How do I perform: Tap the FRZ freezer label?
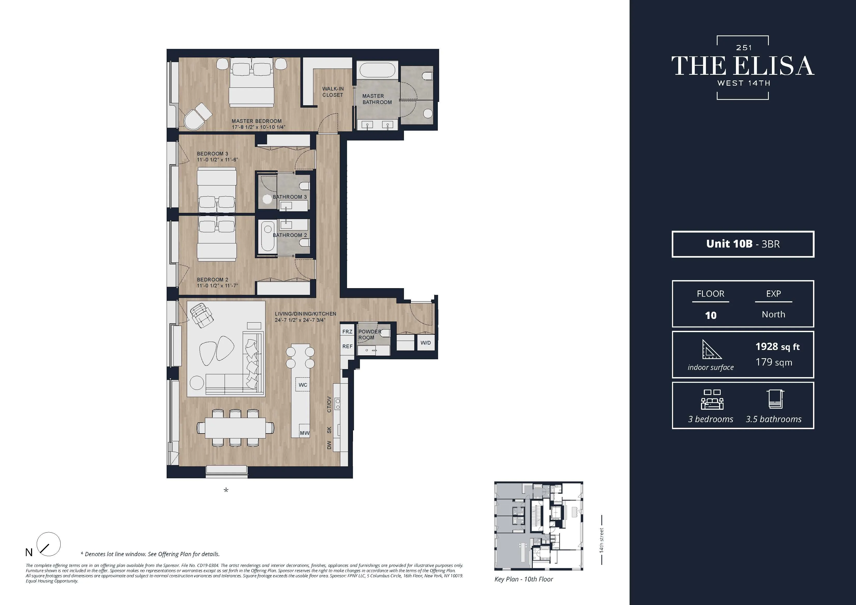[x=347, y=331]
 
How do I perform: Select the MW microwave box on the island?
[x=305, y=433]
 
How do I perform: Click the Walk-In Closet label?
[x=333, y=92]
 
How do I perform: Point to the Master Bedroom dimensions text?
[x=258, y=127]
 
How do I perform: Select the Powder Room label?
[x=370, y=334]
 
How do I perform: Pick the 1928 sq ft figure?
[x=777, y=347]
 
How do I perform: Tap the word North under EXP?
[x=773, y=314]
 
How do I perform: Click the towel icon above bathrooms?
[x=776, y=399]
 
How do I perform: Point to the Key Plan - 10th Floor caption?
[x=523, y=579]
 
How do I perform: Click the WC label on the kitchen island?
[x=303, y=385]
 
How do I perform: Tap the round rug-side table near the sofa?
[x=197, y=383]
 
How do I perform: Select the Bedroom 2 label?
[x=212, y=280]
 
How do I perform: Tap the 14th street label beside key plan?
[x=601, y=540]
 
